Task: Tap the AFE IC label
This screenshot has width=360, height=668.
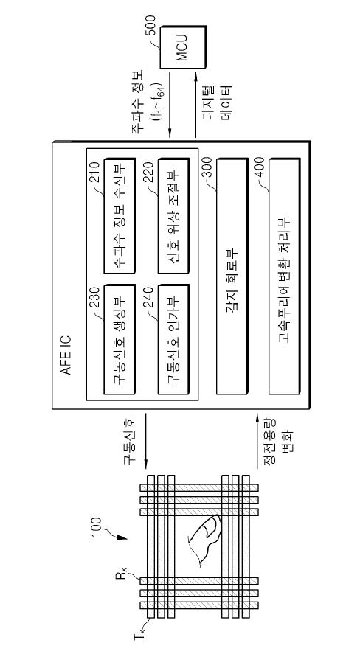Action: (66, 355)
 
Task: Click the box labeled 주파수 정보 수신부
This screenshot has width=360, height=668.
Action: (120, 217)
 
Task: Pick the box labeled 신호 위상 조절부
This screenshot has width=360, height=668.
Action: (173, 217)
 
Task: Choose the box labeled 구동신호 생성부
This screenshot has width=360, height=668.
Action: (120, 339)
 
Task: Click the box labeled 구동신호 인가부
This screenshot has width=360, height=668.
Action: (173, 339)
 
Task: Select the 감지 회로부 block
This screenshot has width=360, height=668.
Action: (232, 276)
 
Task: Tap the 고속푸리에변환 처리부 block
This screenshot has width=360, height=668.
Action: (285, 276)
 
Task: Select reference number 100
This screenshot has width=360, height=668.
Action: (95, 528)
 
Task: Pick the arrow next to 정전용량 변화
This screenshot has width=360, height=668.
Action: (257, 442)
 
